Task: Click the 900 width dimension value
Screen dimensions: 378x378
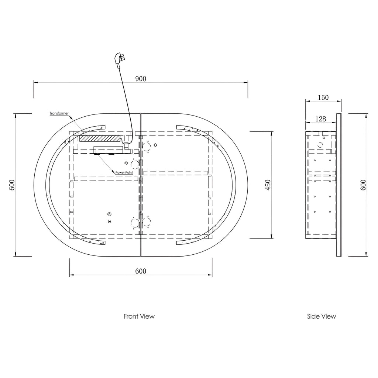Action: pyautogui.click(x=141, y=79)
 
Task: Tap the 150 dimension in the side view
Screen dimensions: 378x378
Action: pyautogui.click(x=323, y=97)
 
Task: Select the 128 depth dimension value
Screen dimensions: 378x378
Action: pyautogui.click(x=321, y=119)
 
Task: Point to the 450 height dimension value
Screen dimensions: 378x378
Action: pyautogui.click(x=268, y=185)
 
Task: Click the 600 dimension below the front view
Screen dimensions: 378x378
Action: pyautogui.click(x=141, y=271)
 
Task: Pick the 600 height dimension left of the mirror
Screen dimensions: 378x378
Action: pyautogui.click(x=12, y=185)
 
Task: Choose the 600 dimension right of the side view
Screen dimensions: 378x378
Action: pyautogui.click(x=363, y=185)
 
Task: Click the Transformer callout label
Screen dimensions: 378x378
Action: pyautogui.click(x=59, y=113)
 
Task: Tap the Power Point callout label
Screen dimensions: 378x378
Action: pyautogui.click(x=124, y=173)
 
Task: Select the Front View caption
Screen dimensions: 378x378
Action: pyautogui.click(x=139, y=316)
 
